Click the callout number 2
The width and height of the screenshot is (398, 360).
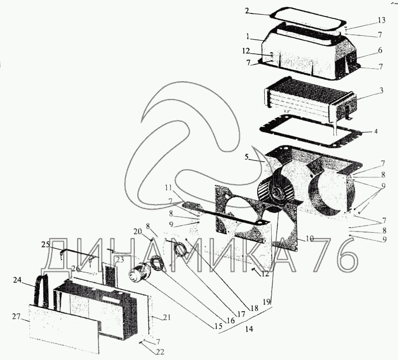tap(247, 11)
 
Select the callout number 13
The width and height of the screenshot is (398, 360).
tap(381, 20)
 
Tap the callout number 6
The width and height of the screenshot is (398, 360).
tap(380, 50)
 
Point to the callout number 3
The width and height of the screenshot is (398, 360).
tap(381, 91)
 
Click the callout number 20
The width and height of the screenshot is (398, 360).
tap(138, 232)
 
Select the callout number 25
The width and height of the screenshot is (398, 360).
tap(46, 244)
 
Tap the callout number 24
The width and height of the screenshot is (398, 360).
tap(17, 280)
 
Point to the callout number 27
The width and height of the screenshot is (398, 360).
tap(16, 317)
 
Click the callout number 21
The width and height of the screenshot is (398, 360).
tap(167, 318)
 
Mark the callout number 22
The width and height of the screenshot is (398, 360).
tap(160, 352)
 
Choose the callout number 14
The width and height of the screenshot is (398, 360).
tap(249, 329)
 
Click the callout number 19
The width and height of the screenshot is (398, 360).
tap(267, 302)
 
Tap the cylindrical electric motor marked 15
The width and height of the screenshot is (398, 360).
tap(139, 273)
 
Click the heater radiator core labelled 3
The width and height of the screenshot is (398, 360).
tap(309, 98)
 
